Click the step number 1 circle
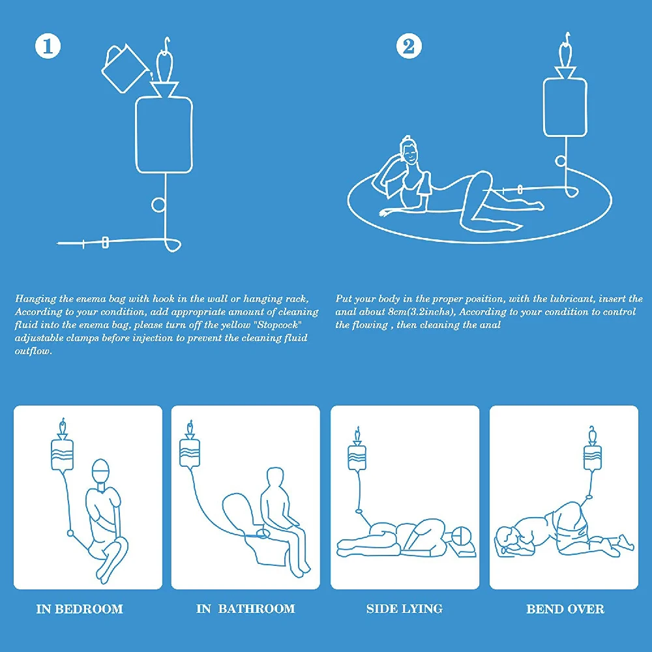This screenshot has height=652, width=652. (48, 46)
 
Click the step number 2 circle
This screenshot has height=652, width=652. (409, 46)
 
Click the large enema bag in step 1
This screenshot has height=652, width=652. (164, 135)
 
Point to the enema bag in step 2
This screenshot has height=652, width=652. (565, 107)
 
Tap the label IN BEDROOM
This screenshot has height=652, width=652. (80, 609)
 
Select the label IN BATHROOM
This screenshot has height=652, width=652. (245, 609)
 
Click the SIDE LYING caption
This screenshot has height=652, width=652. (404, 609)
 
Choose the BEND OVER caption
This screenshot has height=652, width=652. (565, 609)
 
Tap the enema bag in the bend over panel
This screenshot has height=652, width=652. (593, 458)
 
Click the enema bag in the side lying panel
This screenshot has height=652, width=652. (357, 458)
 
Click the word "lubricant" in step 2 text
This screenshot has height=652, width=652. (572, 299)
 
